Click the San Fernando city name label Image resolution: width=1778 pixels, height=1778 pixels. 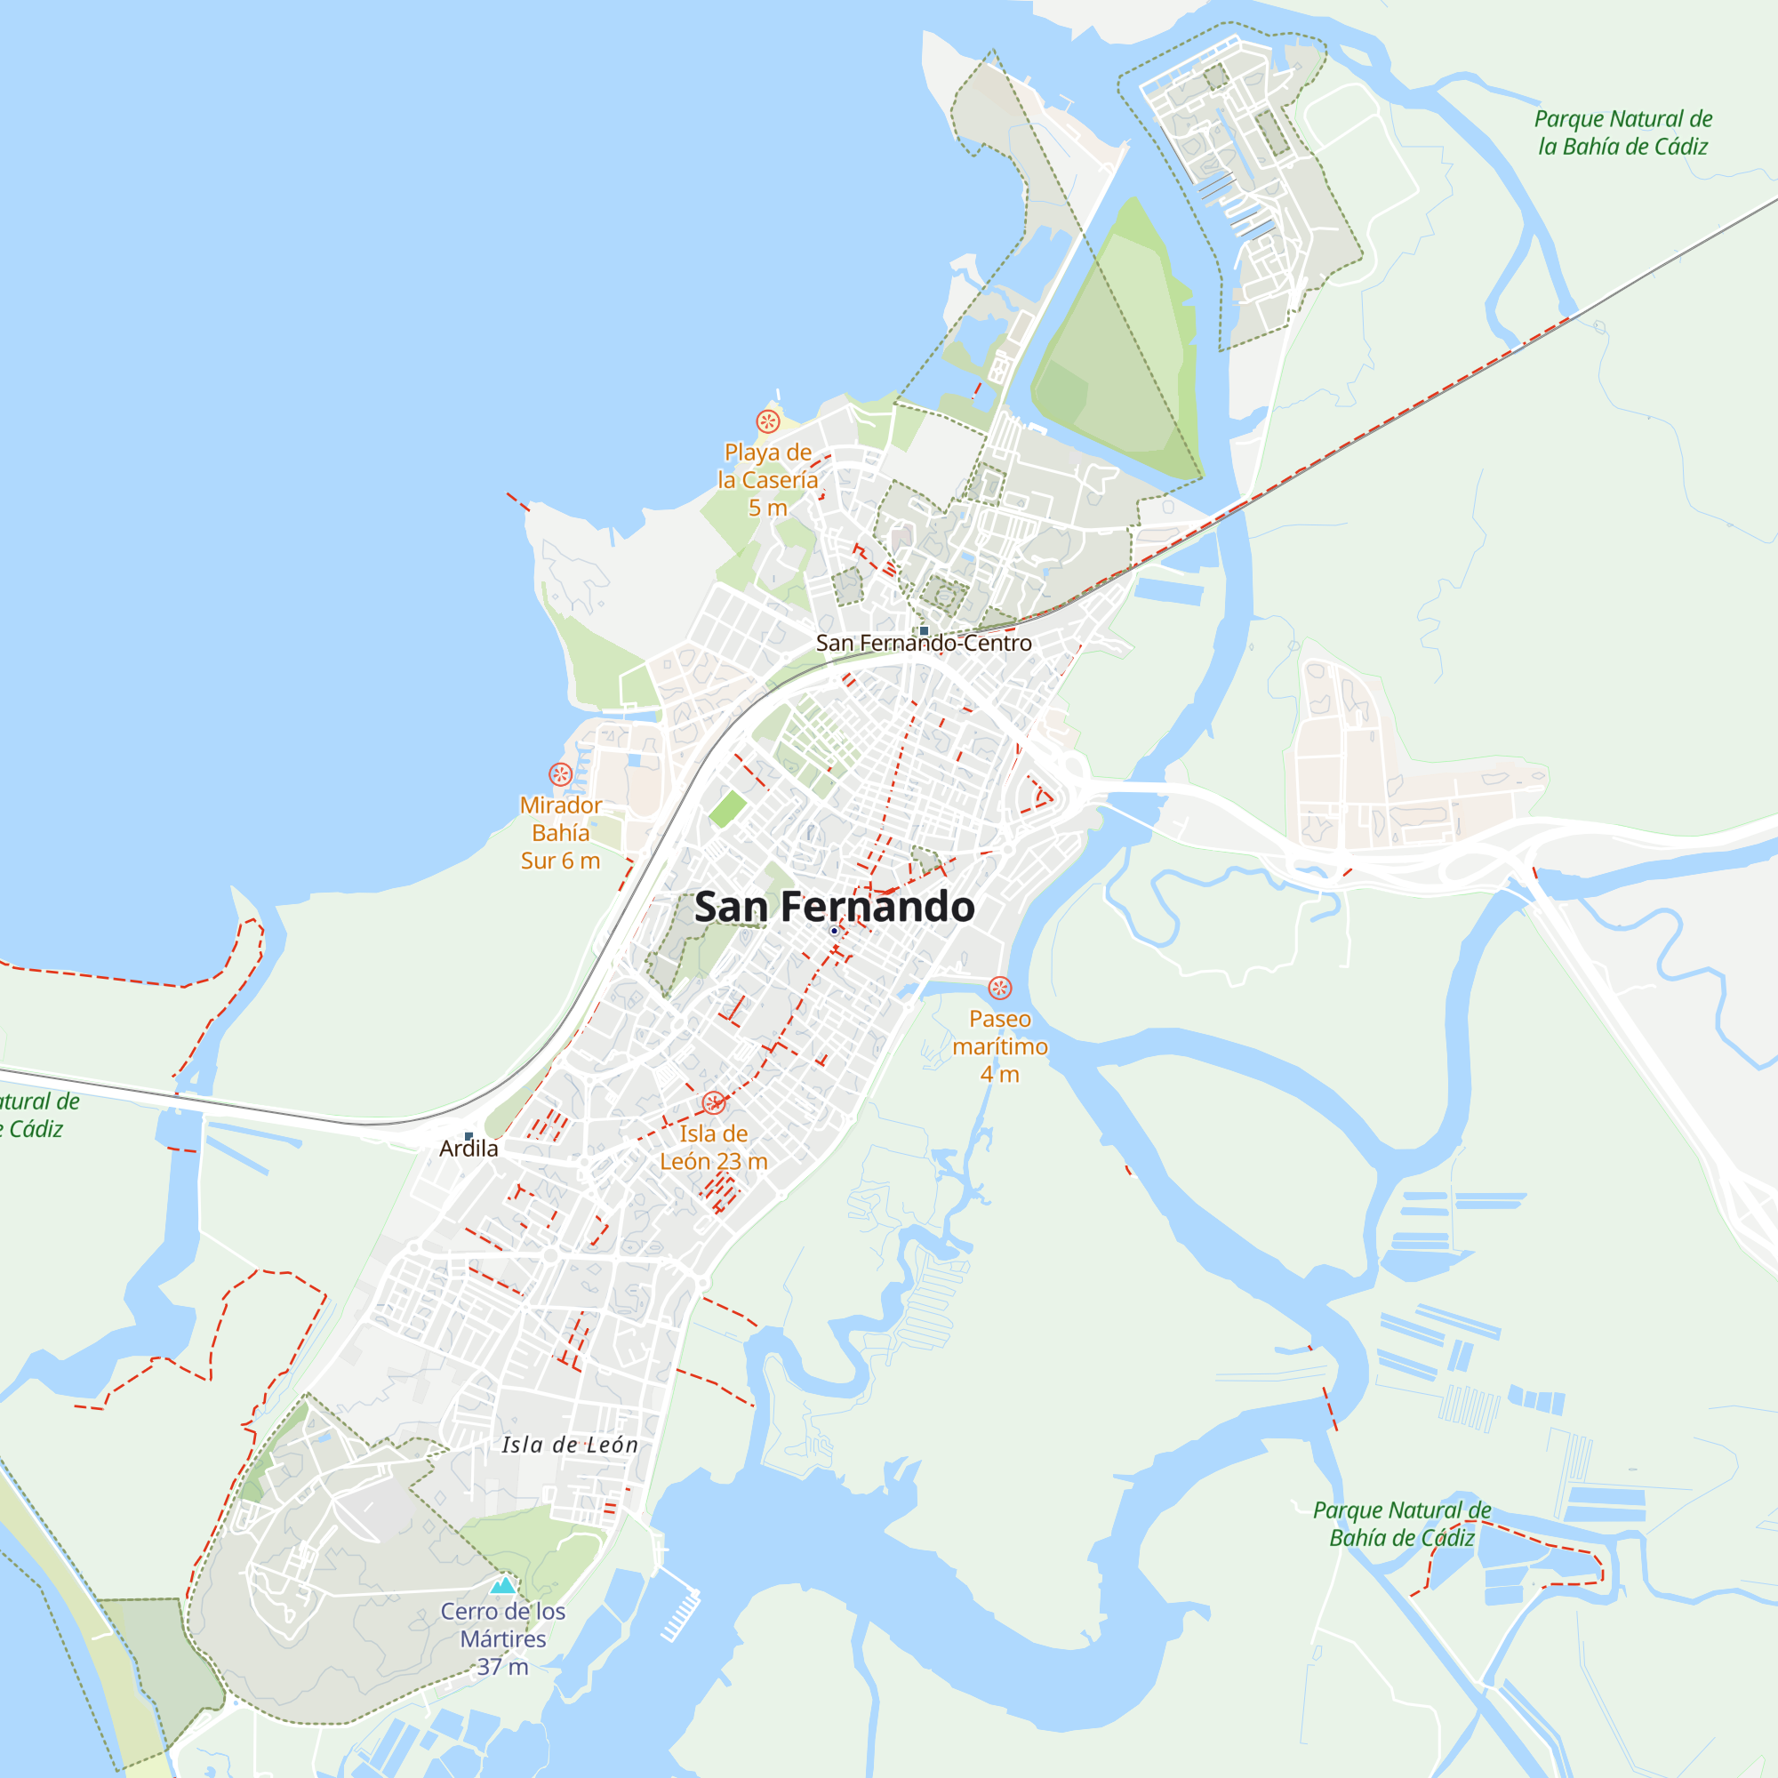(834, 907)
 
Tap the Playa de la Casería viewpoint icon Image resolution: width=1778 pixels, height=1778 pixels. (767, 421)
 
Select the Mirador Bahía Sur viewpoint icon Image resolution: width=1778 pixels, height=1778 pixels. (560, 774)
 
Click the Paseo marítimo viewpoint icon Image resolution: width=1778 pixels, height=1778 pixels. (999, 988)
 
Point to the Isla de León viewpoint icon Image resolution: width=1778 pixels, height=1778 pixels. (713, 1102)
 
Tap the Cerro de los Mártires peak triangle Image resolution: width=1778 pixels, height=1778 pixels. (502, 1585)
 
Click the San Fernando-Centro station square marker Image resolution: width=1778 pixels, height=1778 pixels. (924, 630)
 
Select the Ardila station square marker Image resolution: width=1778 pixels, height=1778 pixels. (469, 1135)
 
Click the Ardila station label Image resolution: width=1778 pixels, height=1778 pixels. (469, 1149)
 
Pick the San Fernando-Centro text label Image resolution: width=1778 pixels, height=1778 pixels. (924, 644)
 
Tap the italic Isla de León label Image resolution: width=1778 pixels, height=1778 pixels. (570, 1445)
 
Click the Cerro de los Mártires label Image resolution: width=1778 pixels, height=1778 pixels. (502, 1638)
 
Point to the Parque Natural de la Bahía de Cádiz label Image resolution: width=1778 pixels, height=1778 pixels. (1622, 132)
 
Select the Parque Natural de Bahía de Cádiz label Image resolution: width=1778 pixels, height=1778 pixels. (1401, 1524)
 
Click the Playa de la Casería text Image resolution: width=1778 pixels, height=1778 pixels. (767, 479)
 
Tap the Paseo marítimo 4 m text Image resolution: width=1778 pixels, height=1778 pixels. (999, 1046)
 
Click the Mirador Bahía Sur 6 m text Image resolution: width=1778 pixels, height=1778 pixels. (560, 833)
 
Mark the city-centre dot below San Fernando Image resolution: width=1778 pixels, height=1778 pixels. (834, 932)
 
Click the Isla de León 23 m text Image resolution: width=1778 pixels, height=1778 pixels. (713, 1148)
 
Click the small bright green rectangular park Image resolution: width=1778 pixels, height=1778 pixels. (727, 809)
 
